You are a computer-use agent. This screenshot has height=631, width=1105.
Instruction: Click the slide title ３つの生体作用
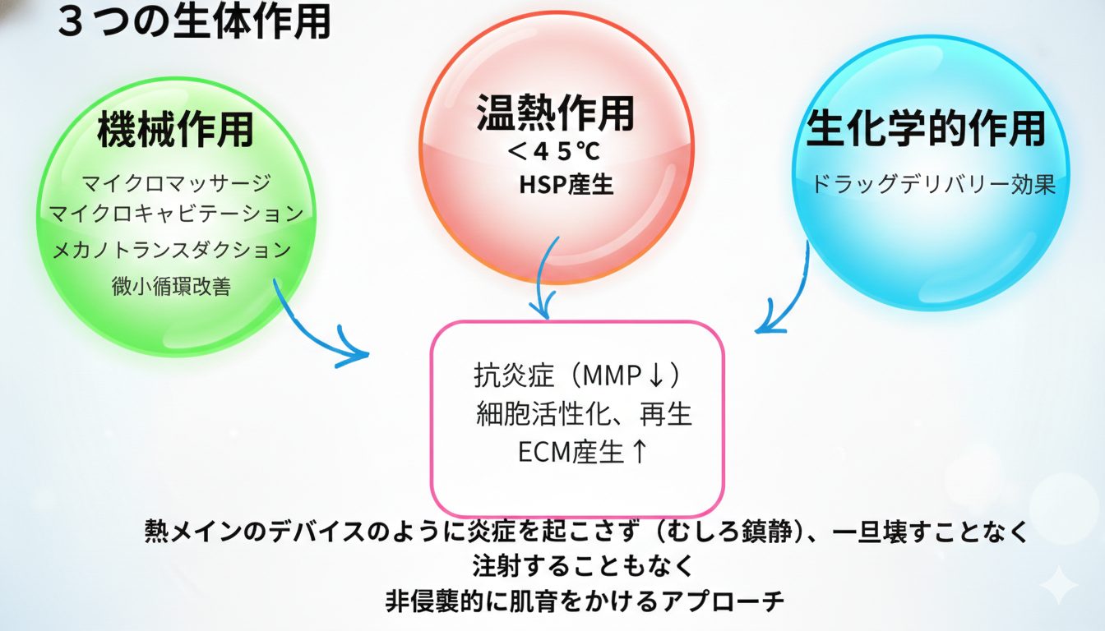[x=194, y=23]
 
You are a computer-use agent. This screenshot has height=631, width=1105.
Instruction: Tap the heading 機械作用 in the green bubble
[x=175, y=131]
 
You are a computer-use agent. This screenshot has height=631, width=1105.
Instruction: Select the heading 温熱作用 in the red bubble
[x=555, y=113]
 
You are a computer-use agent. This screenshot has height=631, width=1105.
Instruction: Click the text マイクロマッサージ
[x=176, y=182]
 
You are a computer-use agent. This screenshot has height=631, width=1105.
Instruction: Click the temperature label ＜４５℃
[x=556, y=152]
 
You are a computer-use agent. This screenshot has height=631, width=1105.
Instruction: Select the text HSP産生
[x=566, y=185]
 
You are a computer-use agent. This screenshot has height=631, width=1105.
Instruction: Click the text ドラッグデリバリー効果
[x=932, y=184]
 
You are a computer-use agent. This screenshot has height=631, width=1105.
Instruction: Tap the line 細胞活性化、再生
[x=584, y=414]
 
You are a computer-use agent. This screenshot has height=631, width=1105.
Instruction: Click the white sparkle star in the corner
[x=1059, y=585]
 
